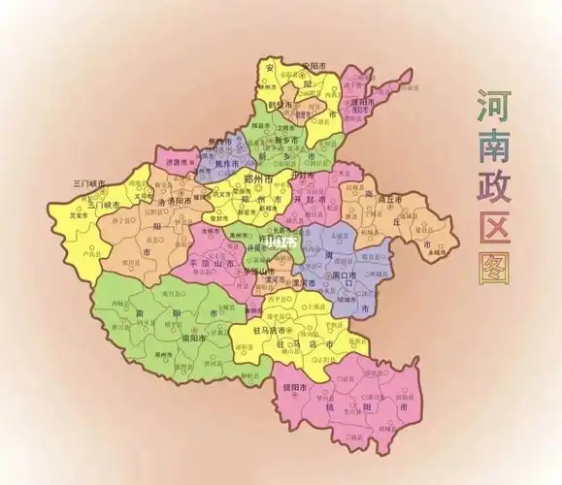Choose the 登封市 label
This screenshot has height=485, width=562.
pos(215,219)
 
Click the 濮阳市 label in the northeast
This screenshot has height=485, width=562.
pos(361,102)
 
